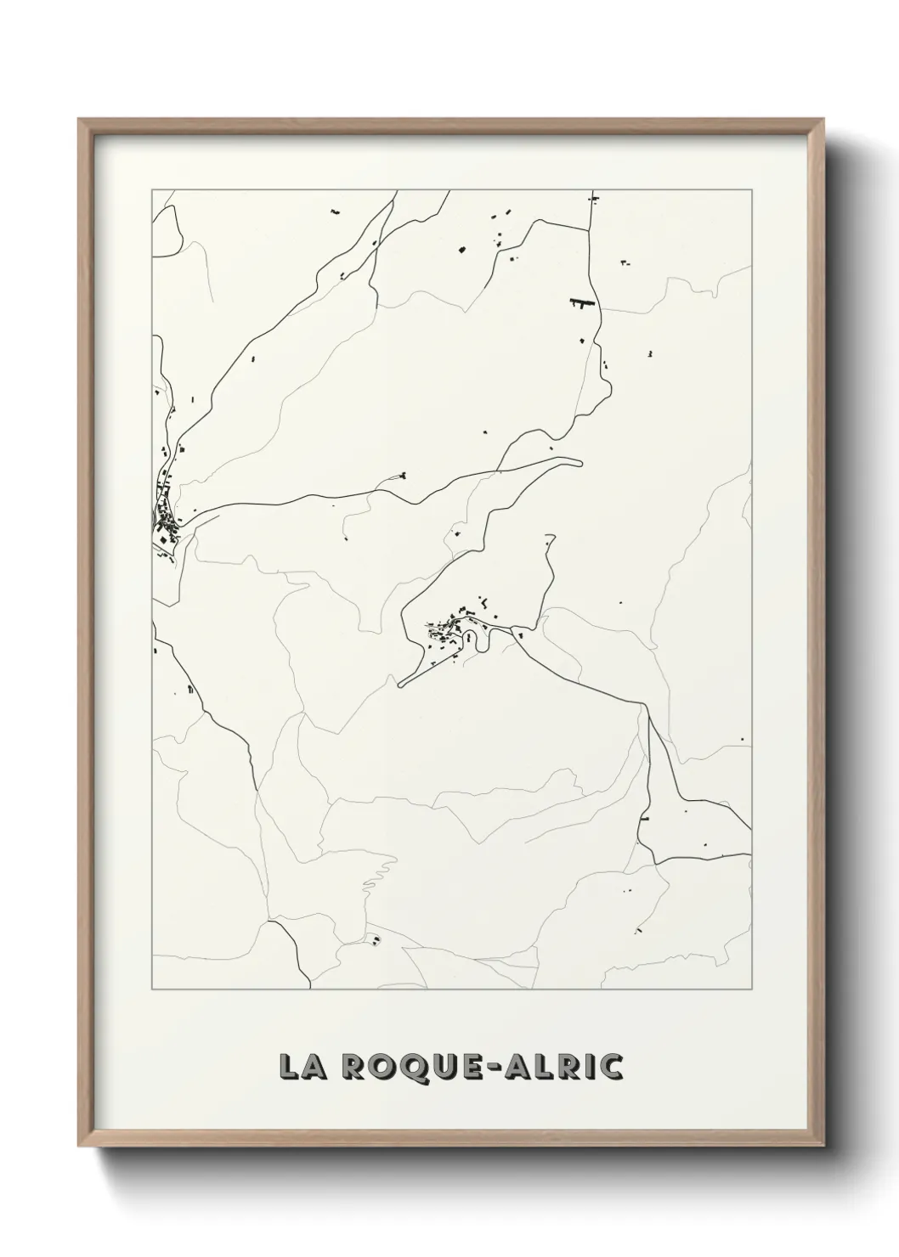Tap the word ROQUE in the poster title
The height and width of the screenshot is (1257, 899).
(x=398, y=1067)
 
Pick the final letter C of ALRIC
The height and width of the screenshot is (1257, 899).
(x=611, y=1067)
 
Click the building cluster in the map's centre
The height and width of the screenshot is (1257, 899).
(x=450, y=628)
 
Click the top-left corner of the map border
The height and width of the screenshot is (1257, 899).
(x=152, y=189)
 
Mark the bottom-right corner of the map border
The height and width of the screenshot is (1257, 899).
(x=752, y=989)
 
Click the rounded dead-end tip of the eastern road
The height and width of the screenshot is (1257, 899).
(x=580, y=463)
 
